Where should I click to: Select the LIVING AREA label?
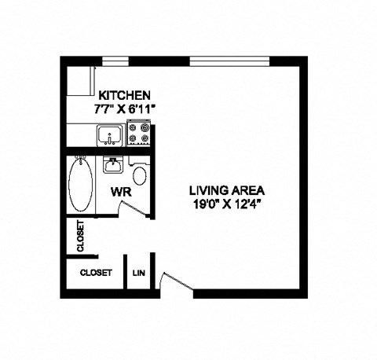pos(226,189)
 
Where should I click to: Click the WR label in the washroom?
pos(120,191)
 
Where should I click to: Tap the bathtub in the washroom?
pos(81,185)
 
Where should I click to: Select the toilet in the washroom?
pos(140,174)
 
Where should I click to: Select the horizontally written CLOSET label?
pos(97,273)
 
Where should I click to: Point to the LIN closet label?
pos(140,273)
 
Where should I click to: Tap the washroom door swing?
pos(130,208)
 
